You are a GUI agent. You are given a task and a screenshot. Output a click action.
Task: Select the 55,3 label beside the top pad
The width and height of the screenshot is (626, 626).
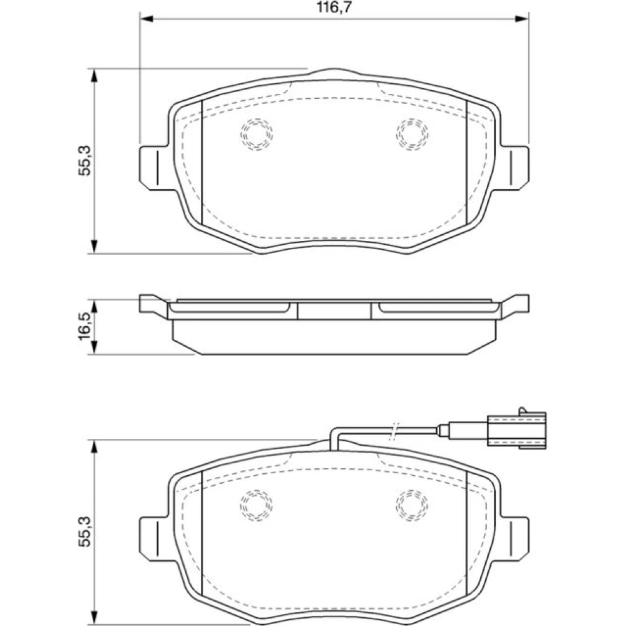click(x=85, y=160)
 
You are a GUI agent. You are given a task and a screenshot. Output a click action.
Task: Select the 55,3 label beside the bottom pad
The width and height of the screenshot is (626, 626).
click(x=85, y=531)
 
